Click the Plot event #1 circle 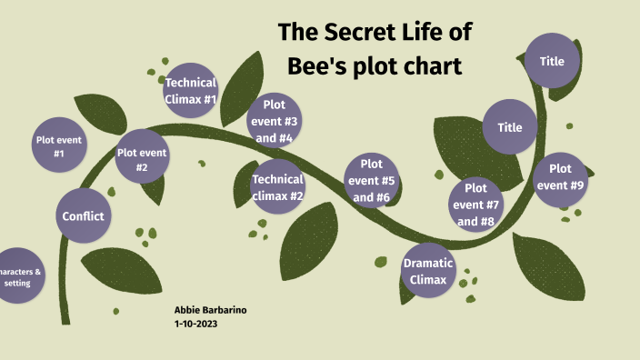coord(59,146)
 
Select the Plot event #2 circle coord(142,159)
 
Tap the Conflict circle coord(83,216)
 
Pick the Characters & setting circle coord(18,276)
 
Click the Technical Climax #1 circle coord(190,90)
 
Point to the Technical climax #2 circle coord(277,186)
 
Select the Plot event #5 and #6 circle coord(371,180)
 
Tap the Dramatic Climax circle coord(427,271)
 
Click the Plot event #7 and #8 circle coord(475,205)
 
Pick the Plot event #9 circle coord(560,177)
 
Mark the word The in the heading coord(296,34)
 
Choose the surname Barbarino coord(225,310)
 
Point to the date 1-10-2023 coord(196,324)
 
